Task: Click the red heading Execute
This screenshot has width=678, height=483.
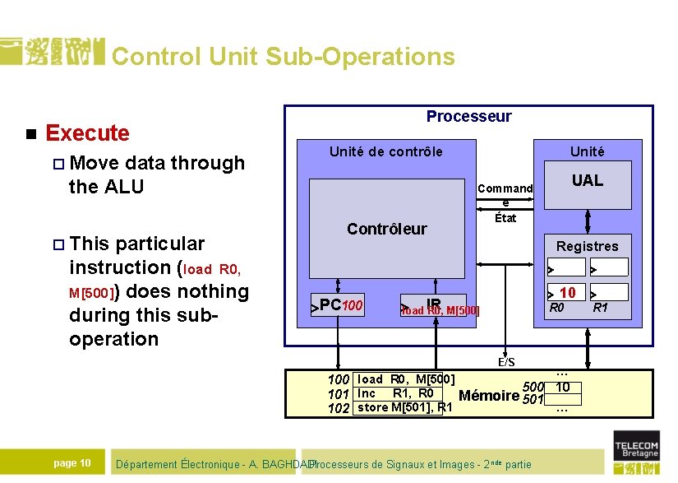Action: [88, 132]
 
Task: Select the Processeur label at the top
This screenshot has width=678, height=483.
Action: [468, 116]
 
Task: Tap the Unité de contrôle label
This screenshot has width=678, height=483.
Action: [385, 151]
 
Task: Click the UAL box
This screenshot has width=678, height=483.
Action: [587, 180]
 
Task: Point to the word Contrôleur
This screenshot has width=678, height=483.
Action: [386, 229]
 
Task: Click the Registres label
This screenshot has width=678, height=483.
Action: [587, 246]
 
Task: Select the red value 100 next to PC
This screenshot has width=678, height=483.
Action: [353, 306]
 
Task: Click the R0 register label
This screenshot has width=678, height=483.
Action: [557, 308]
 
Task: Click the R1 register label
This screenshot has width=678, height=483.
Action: [600, 308]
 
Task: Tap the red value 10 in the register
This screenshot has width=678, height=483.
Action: [567, 292]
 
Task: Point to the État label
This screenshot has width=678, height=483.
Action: [505, 218]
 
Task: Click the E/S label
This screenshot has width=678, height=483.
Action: [506, 362]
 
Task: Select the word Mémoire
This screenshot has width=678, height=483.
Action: [488, 396]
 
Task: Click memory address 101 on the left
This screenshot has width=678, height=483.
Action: [339, 394]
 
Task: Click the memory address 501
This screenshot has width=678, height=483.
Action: [533, 401]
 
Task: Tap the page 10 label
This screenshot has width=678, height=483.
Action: [71, 463]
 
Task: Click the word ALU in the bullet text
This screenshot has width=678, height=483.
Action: [122, 187]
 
